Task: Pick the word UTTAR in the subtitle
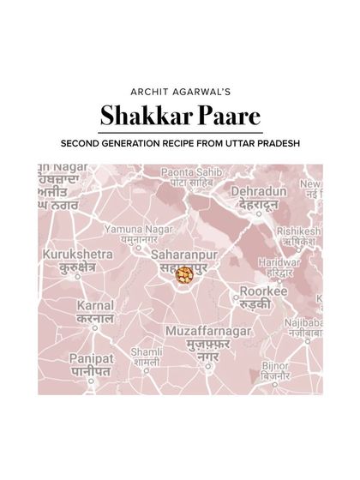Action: [x=266, y=143]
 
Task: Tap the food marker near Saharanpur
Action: [x=184, y=274]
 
